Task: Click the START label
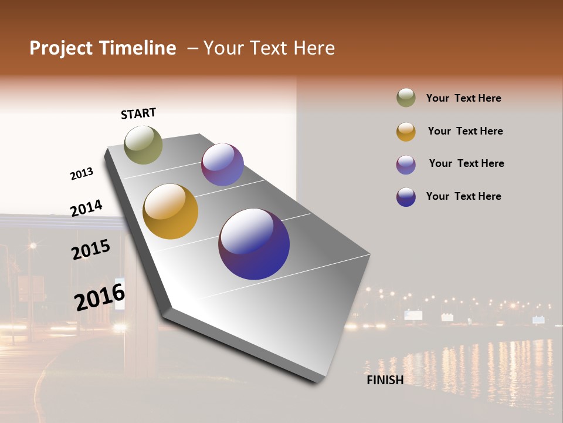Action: [138, 113]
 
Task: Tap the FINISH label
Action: [385, 380]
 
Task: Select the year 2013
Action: [82, 174]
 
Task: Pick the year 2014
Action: [86, 208]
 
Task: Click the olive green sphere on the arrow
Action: [143, 145]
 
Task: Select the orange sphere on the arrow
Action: [170, 211]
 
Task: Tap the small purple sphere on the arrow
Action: [222, 164]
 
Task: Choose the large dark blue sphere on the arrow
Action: [254, 244]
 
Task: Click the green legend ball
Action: [406, 98]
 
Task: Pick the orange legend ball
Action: [406, 132]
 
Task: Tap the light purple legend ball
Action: [406, 164]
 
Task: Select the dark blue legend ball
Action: [406, 197]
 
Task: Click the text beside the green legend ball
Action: [463, 98]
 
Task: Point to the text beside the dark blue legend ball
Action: [463, 196]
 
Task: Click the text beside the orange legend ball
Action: [465, 131]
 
